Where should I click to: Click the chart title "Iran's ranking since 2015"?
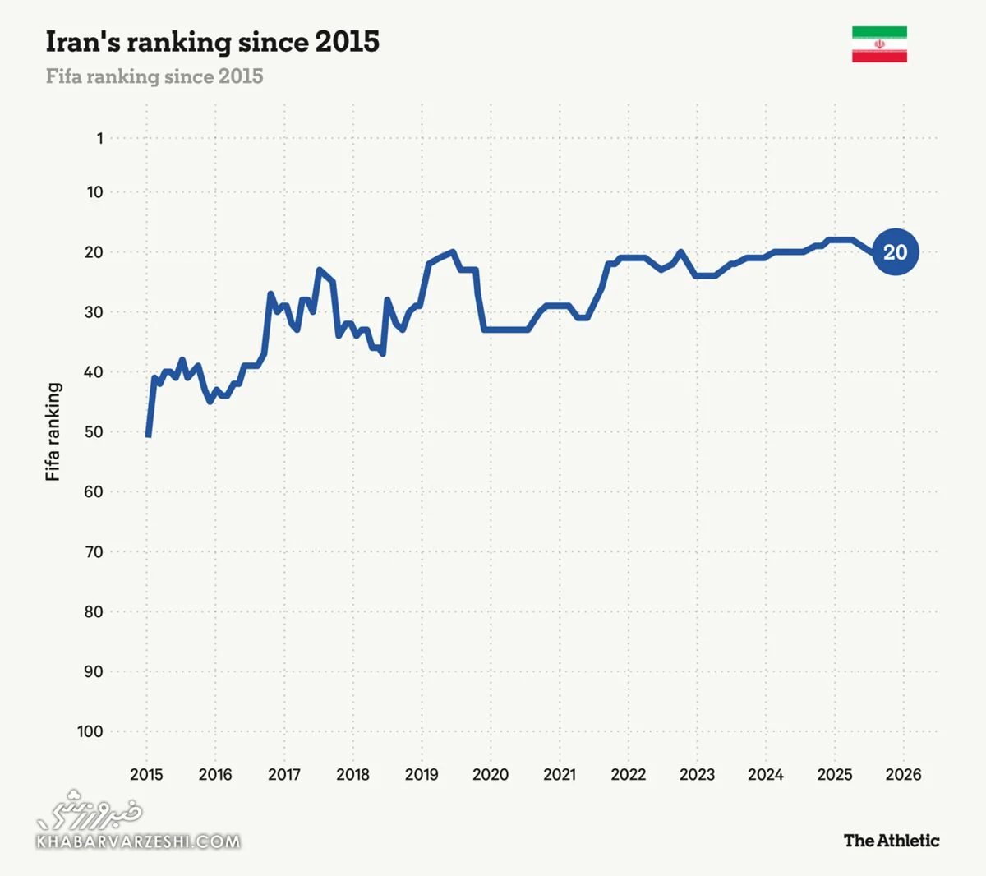tap(212, 42)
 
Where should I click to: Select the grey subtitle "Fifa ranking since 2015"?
tap(154, 76)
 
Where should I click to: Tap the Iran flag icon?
tap(879, 44)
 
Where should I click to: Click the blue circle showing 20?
tap(895, 252)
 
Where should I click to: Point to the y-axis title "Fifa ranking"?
tap(53, 431)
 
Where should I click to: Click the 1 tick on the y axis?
tap(99, 138)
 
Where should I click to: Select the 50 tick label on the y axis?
tap(94, 431)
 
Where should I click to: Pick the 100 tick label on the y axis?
tap(90, 731)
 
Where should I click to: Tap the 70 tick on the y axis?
tap(94, 551)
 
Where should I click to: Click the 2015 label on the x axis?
tap(146, 774)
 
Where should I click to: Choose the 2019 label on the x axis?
tap(422, 774)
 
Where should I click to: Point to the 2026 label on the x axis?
tap(903, 774)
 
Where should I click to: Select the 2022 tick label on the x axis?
tap(628, 774)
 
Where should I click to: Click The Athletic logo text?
tap(891, 840)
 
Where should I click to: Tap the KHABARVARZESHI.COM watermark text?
tap(138, 841)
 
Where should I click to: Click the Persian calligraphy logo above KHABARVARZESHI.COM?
tap(90, 810)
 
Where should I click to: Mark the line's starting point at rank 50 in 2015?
tap(148, 435)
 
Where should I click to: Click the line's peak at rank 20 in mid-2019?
tap(453, 252)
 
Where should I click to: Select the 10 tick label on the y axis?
tap(95, 192)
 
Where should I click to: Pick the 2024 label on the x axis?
tap(765, 774)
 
